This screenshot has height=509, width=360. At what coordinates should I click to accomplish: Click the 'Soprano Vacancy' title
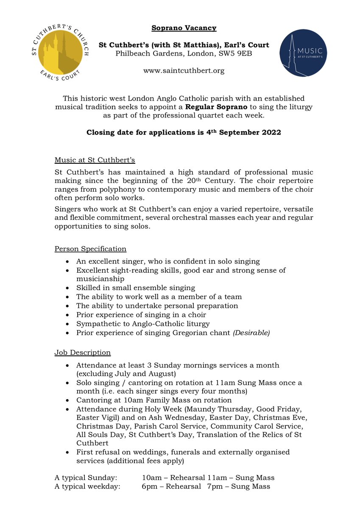tap(184, 28)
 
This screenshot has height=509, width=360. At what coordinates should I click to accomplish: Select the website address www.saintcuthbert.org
tap(184, 71)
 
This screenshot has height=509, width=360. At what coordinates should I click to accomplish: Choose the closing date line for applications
tap(184, 132)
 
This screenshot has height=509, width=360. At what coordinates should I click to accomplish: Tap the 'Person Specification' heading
tap(90, 249)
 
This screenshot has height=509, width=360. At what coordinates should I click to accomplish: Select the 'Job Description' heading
tap(83, 352)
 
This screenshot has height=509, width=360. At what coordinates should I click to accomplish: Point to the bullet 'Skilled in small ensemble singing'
tap(136, 288)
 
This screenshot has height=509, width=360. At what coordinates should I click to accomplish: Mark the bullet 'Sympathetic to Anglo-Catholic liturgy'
tap(143, 324)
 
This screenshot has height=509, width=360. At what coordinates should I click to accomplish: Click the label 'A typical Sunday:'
tap(83, 478)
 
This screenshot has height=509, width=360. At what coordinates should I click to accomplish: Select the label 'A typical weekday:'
tap(87, 487)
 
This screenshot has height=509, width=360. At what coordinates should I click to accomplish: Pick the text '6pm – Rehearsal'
tap(171, 487)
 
